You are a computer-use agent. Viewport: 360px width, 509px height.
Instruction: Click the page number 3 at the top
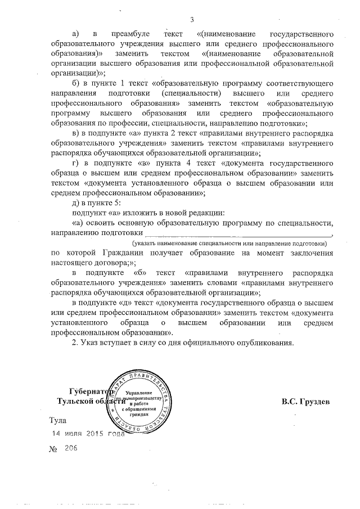coord(192,21)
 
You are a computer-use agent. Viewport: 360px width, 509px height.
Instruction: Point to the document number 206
coord(71,448)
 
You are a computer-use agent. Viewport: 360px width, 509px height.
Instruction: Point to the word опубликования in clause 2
coord(265,343)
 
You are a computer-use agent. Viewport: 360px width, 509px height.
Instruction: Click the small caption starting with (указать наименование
coord(229,243)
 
